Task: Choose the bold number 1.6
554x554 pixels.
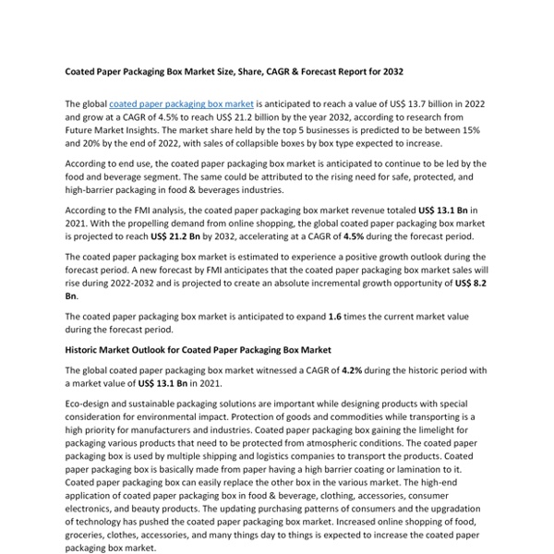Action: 335,316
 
